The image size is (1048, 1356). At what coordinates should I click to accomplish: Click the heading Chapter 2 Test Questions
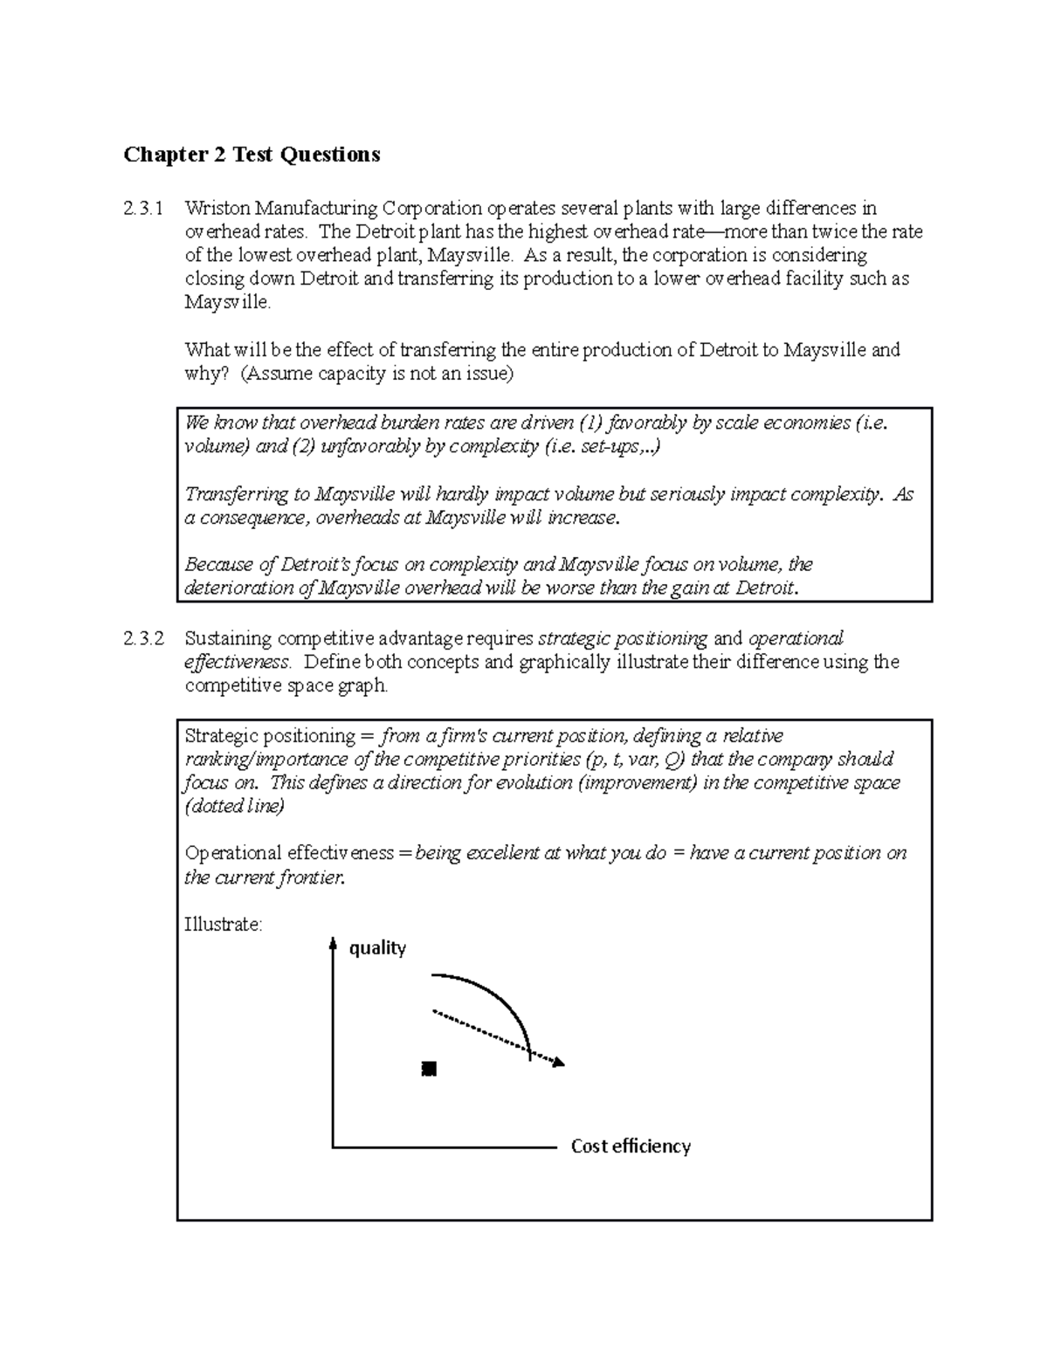click(x=252, y=155)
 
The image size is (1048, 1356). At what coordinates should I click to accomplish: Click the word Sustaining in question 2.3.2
click(x=225, y=639)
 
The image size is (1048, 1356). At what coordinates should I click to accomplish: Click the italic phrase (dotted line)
click(x=234, y=807)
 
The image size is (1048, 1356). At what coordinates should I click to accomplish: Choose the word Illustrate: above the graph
click(x=223, y=924)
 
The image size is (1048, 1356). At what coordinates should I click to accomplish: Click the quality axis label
click(x=377, y=948)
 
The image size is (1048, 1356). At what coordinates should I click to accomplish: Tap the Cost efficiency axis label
click(x=631, y=1146)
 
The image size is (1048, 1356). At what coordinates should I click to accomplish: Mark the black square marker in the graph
click(x=428, y=1069)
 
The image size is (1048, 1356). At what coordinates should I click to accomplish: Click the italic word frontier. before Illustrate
click(x=311, y=878)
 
